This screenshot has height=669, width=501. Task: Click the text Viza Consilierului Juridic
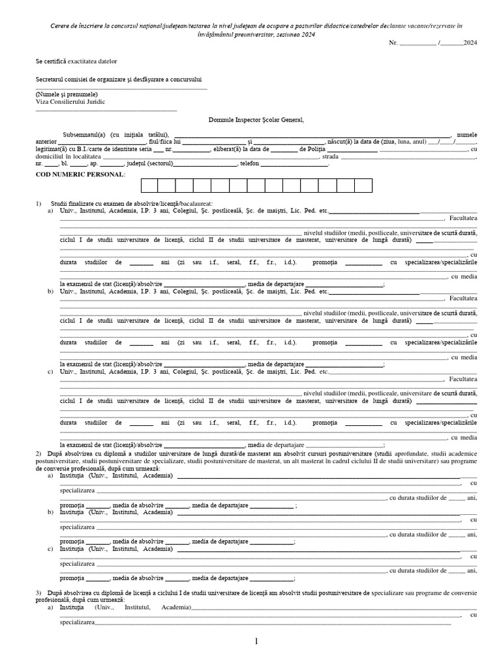point(70,102)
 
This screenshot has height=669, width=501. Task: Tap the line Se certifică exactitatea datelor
point(76,61)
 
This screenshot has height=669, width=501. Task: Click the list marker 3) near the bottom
point(38,592)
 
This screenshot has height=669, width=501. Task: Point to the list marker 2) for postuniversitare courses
point(38,453)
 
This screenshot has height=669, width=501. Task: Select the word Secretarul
point(52,78)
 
